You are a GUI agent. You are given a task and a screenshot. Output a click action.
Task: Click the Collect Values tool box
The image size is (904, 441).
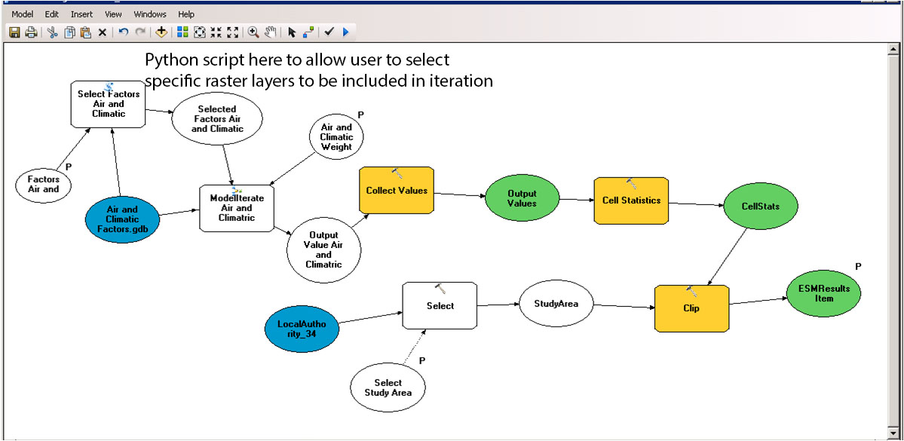pos(397,191)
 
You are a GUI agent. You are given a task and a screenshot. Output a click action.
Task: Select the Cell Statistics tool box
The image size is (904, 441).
pos(631,201)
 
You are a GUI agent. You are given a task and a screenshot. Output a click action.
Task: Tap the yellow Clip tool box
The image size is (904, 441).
pos(691,308)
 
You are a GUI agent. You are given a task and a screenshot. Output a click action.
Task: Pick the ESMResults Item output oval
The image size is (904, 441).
pos(823,293)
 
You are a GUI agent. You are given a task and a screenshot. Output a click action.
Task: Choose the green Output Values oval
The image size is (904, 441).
pos(522,198)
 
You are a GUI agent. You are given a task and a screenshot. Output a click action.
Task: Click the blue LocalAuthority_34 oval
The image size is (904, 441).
pos(300,329)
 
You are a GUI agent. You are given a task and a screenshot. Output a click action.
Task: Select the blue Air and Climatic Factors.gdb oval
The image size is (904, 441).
pos(122,219)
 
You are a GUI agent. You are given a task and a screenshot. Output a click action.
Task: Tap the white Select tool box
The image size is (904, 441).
pos(440,305)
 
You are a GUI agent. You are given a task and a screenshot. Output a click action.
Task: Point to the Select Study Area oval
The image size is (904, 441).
pos(388,387)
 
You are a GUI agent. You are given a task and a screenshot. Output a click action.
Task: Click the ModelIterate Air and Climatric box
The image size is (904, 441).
pos(237,207)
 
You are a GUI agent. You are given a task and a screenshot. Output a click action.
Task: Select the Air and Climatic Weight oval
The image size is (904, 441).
pos(336,138)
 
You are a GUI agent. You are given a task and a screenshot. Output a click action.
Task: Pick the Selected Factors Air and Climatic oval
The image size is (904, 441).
pos(217,120)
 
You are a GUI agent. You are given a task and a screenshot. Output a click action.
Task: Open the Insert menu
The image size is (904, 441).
pos(82,14)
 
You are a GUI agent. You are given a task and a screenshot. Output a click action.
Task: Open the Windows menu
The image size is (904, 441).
pos(150,14)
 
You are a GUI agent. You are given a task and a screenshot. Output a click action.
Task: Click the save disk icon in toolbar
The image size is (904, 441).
pos(14,32)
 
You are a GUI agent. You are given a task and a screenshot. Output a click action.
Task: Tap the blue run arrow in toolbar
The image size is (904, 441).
pos(345,32)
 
